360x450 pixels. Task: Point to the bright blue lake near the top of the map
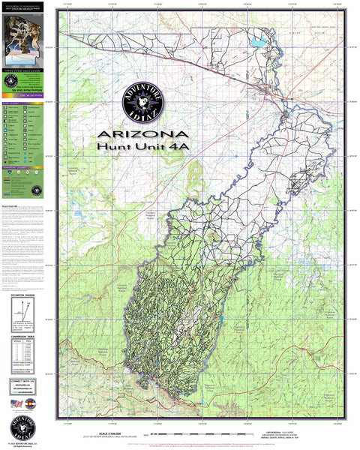point(259,43)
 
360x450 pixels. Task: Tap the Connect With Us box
point(22,386)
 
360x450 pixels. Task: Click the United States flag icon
point(16,404)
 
